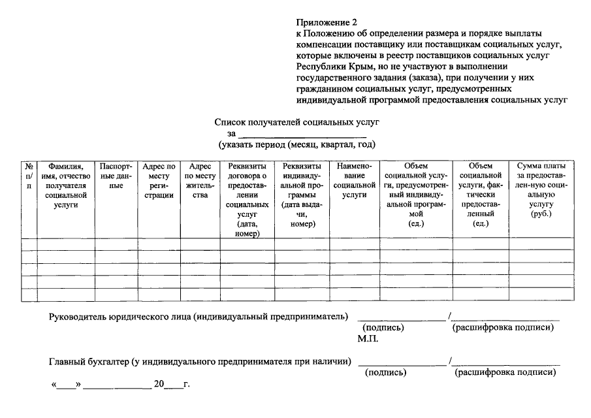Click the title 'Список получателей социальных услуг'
(x=296, y=122)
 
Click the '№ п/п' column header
(x=29, y=176)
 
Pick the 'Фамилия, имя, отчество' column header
(x=65, y=185)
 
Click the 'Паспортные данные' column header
(x=116, y=176)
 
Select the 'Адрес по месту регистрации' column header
(x=159, y=181)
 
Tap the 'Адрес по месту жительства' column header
(x=200, y=181)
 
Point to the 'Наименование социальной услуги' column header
(x=354, y=180)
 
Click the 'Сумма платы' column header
(x=541, y=189)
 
